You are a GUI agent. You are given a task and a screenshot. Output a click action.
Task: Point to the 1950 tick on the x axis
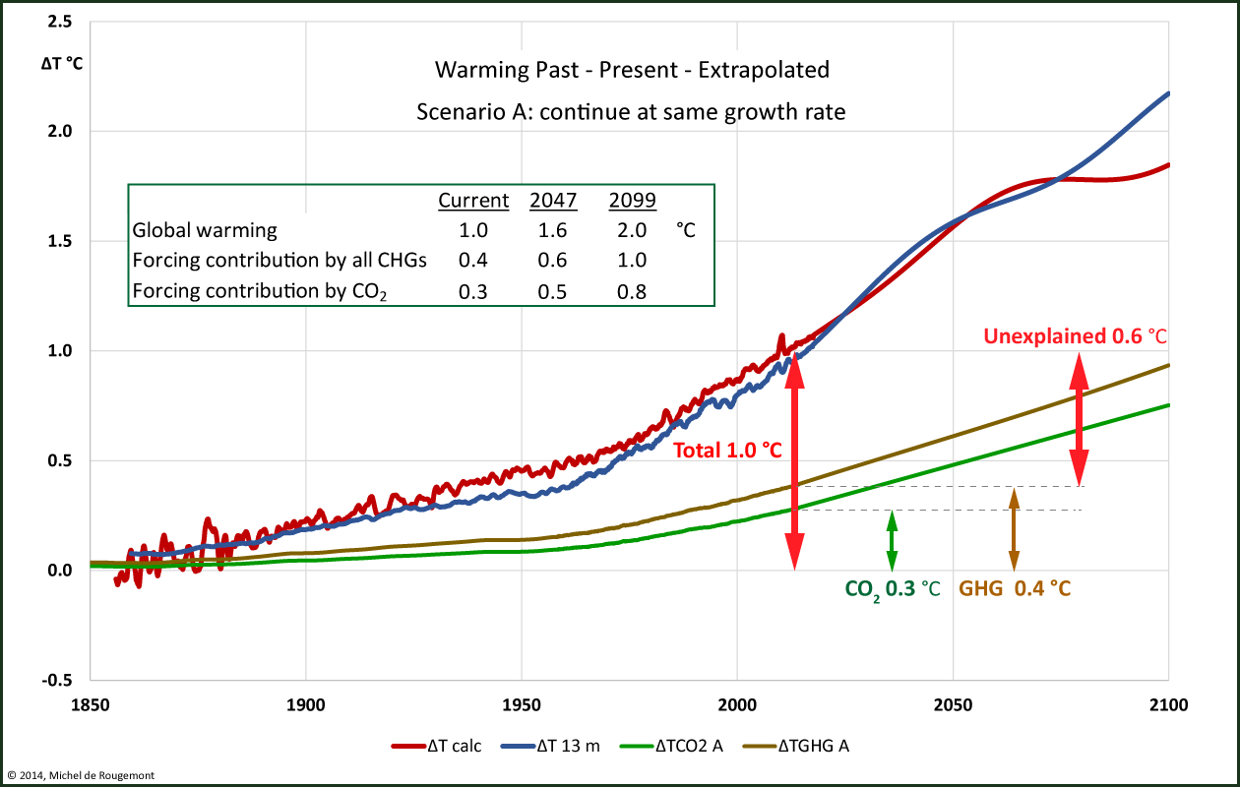pos(521,705)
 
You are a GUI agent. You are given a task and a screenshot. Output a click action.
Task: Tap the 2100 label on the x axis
pos(1168,705)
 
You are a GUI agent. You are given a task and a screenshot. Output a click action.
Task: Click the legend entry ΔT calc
pos(437,746)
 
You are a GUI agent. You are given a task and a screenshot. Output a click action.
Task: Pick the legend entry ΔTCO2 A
pos(674,746)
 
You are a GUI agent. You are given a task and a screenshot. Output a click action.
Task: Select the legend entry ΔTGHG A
pos(798,746)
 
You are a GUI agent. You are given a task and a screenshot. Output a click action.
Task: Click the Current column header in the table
pos(473,201)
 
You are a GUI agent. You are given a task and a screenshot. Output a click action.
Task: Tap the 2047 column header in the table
pos(553,201)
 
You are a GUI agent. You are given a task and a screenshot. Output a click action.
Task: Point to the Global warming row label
pos(205,231)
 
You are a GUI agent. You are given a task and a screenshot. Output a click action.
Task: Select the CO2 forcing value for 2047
pos(553,292)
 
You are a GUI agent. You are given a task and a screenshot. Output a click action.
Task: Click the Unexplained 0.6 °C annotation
pos(1075,336)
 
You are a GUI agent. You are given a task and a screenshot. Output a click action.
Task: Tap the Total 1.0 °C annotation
pos(727,451)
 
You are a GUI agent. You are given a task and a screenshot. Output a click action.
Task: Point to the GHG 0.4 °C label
pos(1015,589)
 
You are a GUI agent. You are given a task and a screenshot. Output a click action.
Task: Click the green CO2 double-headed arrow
pos(892,540)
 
